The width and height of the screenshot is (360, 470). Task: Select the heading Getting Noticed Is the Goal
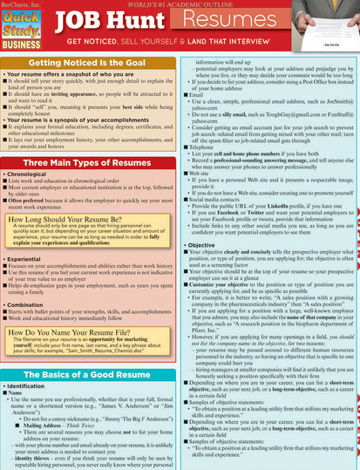(x=91, y=65)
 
